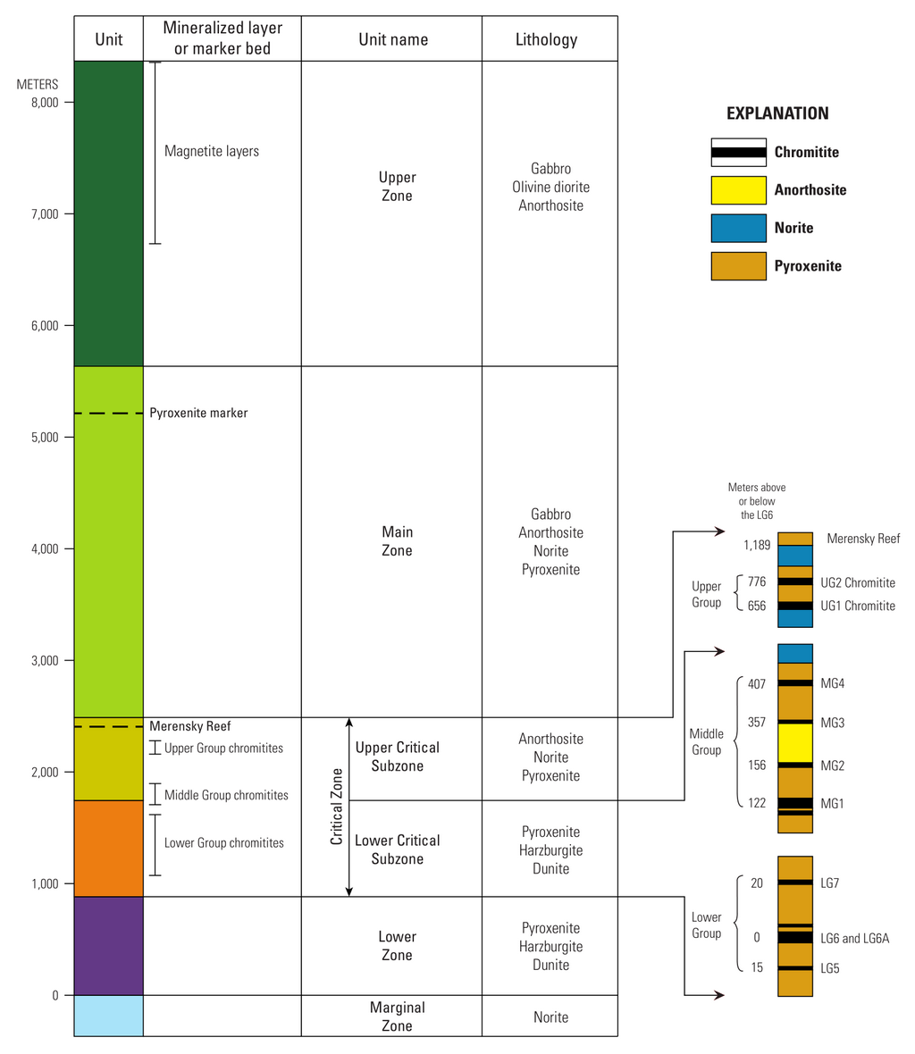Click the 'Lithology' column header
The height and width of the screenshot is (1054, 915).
pyautogui.click(x=546, y=39)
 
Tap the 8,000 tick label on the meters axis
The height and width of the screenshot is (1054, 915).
pyautogui.click(x=45, y=102)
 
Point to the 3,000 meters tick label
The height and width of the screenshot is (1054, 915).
pyautogui.click(x=45, y=660)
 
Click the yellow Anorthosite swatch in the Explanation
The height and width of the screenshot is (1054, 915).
pyautogui.click(x=738, y=190)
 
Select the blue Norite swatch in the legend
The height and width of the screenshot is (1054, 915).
pyautogui.click(x=738, y=228)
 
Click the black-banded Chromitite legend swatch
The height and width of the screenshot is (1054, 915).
pyautogui.click(x=738, y=152)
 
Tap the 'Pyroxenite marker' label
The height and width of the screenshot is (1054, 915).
pyautogui.click(x=198, y=413)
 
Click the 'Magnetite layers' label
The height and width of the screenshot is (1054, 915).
pyautogui.click(x=212, y=151)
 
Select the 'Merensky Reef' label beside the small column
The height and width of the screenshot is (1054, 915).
pyautogui.click(x=863, y=539)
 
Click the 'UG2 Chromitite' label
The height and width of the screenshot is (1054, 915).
pyautogui.click(x=858, y=582)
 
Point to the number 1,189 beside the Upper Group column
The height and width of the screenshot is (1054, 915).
pyautogui.click(x=757, y=545)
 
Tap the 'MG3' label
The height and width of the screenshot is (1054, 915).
pyautogui.click(x=832, y=723)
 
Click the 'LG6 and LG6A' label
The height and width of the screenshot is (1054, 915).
pyautogui.click(x=854, y=939)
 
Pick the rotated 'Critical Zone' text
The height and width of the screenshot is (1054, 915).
pyautogui.click(x=336, y=806)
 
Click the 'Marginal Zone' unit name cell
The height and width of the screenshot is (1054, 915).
pyautogui.click(x=398, y=1016)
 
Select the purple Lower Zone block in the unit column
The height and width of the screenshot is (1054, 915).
pyautogui.click(x=108, y=946)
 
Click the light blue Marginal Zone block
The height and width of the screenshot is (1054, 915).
pyautogui.click(x=108, y=1016)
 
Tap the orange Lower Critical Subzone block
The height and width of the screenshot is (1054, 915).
pyautogui.click(x=108, y=849)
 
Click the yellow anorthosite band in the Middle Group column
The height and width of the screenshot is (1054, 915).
pyautogui.click(x=795, y=743)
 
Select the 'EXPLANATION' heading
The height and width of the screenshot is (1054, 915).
pyautogui.click(x=777, y=113)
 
